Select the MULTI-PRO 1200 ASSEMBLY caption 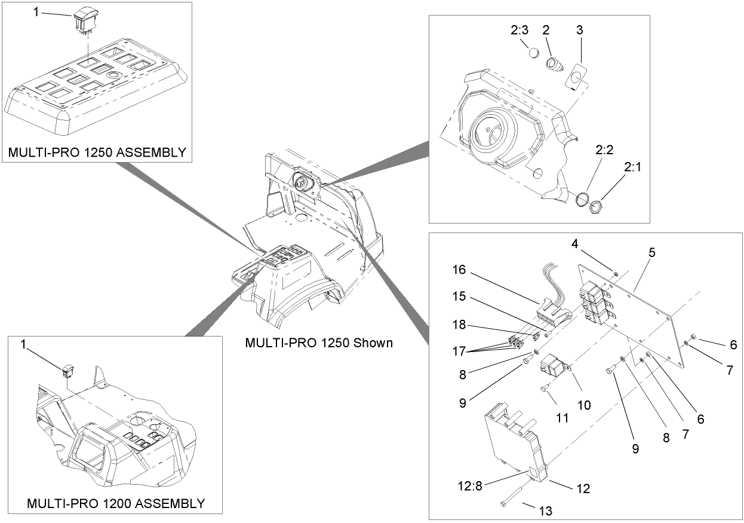tap(115, 503)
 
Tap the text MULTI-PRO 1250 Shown tap(319, 343)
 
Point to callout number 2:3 tap(519, 30)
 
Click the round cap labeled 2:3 tap(534, 53)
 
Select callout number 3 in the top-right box tap(579, 29)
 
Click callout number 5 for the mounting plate tap(652, 252)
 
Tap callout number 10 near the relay tap(583, 405)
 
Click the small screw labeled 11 tap(545, 390)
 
